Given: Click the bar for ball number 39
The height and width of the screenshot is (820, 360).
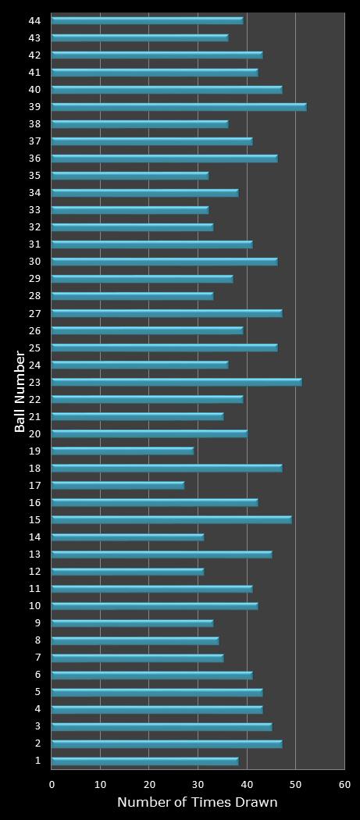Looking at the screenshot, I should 179,106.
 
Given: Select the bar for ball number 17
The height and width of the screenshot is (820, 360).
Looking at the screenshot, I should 118,485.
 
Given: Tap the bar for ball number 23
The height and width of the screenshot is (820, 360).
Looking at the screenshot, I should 176,382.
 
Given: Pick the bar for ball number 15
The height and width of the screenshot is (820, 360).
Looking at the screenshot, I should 172,519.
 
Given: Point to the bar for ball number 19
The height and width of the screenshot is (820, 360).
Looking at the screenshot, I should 123,451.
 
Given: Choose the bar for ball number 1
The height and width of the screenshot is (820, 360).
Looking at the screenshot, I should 144,761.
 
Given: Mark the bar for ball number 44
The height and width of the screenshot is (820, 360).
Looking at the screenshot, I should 147,20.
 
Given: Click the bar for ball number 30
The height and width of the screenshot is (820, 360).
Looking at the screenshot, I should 164,262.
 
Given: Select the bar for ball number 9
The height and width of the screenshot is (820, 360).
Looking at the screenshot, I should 132,623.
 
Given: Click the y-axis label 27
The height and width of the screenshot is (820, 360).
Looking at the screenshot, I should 34,313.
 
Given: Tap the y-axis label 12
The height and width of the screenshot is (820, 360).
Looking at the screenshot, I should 34,572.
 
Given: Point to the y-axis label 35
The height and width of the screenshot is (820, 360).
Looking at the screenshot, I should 34,176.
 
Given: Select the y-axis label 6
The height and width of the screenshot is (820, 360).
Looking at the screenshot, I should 37,675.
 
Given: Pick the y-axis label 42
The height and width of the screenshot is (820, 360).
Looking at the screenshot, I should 34,55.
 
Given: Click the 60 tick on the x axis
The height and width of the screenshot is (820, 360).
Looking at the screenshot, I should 344,783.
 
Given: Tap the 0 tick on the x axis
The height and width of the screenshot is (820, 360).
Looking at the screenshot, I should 52,783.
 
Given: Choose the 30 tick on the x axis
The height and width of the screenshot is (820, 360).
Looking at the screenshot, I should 198,783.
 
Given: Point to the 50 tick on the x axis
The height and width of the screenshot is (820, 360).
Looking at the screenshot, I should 296,783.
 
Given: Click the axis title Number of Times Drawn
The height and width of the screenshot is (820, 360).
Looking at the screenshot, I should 197,802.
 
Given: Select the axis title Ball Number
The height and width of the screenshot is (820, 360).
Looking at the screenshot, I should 20,390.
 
